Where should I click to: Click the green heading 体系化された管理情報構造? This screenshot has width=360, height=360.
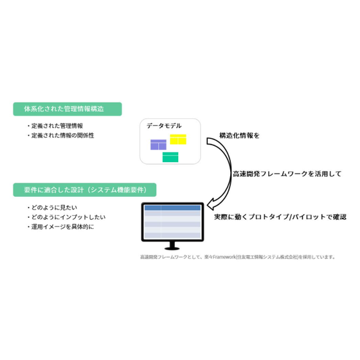[67, 109]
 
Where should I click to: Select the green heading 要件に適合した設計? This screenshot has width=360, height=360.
[84, 190]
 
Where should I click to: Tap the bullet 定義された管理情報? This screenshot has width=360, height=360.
[55, 126]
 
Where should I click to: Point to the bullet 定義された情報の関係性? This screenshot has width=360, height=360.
[60, 136]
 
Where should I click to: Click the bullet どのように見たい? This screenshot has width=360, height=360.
[52, 208]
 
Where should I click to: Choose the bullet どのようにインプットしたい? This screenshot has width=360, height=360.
[66, 217]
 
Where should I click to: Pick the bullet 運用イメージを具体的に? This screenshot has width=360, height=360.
[60, 227]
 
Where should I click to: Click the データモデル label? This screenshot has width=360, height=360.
[164, 126]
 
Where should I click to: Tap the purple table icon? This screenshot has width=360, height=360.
[158, 145]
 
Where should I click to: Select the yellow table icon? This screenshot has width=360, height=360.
[178, 139]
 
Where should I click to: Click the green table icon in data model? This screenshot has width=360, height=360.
[170, 157]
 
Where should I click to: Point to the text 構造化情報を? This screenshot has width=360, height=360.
[239, 136]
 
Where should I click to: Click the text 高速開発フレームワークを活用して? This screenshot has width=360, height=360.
[287, 174]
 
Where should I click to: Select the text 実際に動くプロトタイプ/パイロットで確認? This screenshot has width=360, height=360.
[280, 217]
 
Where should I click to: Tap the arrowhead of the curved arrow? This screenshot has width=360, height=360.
[211, 204]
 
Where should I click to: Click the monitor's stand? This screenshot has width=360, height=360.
[172, 246]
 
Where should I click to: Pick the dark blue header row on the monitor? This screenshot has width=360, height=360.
[172, 208]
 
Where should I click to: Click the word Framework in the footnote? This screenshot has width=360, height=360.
[224, 257]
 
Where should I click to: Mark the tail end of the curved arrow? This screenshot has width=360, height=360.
[207, 141]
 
